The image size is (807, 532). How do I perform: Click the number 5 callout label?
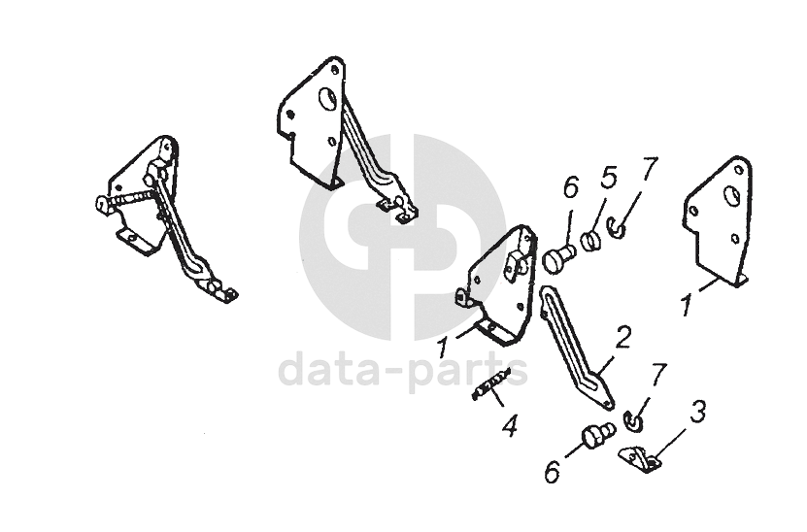point(608,179)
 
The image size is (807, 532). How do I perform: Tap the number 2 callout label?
point(622,338)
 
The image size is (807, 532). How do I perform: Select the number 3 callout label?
point(696,412)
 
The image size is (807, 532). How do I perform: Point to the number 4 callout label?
point(507,424)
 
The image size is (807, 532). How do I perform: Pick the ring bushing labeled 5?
point(593,240)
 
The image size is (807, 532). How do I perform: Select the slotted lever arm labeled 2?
point(573,344)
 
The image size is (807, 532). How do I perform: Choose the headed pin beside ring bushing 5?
point(560,257)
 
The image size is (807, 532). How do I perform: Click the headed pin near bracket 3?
point(594,438)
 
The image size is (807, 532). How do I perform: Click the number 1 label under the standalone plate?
point(686,305)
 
